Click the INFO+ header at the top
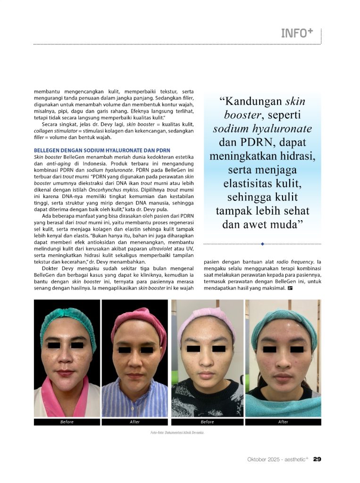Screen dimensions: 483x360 tap(297, 33)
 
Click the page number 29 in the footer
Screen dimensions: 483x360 tap(318, 459)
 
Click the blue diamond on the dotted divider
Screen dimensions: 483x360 tap(262, 244)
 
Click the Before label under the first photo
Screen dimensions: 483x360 tap(67, 422)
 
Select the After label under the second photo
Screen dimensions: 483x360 tap(134, 422)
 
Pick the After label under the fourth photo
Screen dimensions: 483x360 tap(283, 422)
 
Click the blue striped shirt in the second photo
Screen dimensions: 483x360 tap(134, 401)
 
